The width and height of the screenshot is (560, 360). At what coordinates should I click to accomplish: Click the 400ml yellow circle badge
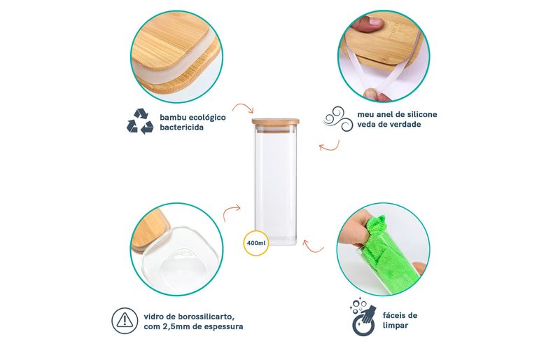(256, 243)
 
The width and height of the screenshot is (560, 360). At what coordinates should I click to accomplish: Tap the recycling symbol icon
(140, 122)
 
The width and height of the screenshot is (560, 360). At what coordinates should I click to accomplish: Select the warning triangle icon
(125, 321)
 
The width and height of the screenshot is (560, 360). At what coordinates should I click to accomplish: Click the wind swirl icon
(338, 119)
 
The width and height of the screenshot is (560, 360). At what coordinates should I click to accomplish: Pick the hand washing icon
(364, 317)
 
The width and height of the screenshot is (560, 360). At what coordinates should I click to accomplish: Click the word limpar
(395, 326)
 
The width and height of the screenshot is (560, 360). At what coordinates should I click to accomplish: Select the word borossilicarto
(204, 317)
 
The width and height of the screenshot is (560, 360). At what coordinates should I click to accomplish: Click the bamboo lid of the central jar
(276, 122)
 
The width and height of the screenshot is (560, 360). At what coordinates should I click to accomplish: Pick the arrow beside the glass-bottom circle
(232, 212)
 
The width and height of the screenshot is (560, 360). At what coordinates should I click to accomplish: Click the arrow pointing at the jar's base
(312, 246)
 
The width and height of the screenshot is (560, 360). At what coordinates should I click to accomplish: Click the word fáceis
(400, 315)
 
